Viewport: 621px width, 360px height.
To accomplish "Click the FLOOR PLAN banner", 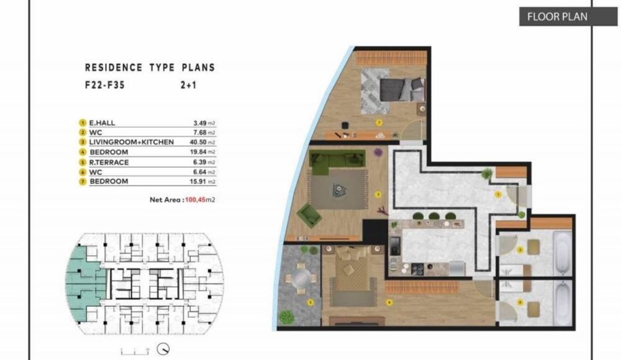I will click(x=557, y=17).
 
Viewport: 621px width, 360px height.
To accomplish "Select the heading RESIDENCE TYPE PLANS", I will click(x=150, y=68).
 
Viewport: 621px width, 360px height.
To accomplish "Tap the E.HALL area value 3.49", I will click(x=200, y=123).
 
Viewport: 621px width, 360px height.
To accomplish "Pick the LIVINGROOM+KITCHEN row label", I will click(x=132, y=142).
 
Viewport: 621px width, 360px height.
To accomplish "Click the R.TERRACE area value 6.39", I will click(x=200, y=162).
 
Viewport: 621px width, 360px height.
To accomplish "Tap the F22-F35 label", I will click(x=105, y=87).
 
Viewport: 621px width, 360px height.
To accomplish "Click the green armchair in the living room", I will click(x=309, y=215).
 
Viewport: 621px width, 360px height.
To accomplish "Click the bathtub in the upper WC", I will click(x=562, y=253).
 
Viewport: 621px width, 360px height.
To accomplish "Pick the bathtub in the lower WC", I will click(x=562, y=302).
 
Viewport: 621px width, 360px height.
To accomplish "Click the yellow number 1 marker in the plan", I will click(x=497, y=194).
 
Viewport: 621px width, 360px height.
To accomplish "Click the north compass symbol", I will click(x=164, y=348).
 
